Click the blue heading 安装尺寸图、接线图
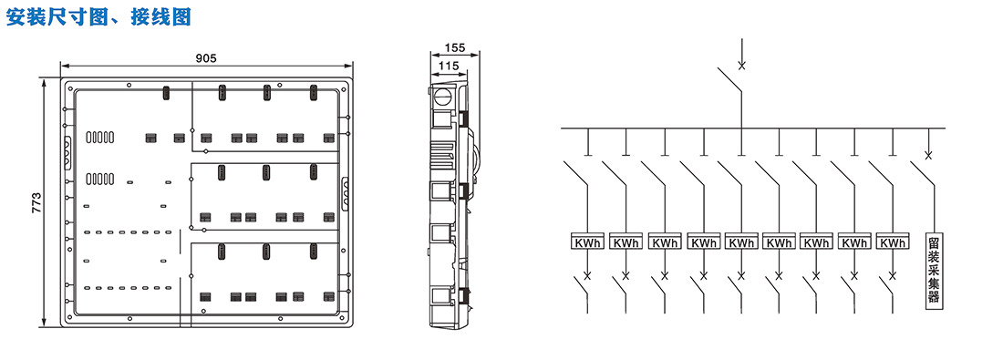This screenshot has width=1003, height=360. pos(98,16)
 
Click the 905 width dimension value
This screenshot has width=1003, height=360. pos(206,58)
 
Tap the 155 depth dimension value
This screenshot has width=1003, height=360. pos(454,48)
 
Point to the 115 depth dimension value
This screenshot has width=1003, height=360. pos(450,65)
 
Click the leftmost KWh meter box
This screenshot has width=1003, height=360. pos(588,243)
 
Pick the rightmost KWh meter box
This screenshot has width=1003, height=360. pos(893,243)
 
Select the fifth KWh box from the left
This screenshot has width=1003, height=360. pos(740,243)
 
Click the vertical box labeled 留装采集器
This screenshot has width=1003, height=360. pos(935,270)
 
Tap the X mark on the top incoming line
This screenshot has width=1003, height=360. pos(741,66)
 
